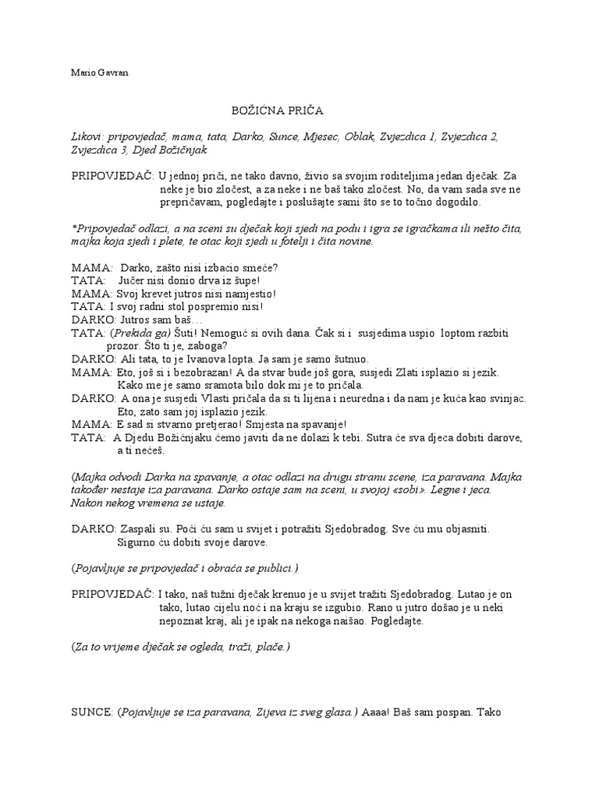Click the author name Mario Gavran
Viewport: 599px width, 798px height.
pos(100,72)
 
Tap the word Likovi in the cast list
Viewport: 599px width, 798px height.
pos(86,136)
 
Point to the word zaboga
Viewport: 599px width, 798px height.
pos(207,346)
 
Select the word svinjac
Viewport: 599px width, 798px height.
pos(507,398)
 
